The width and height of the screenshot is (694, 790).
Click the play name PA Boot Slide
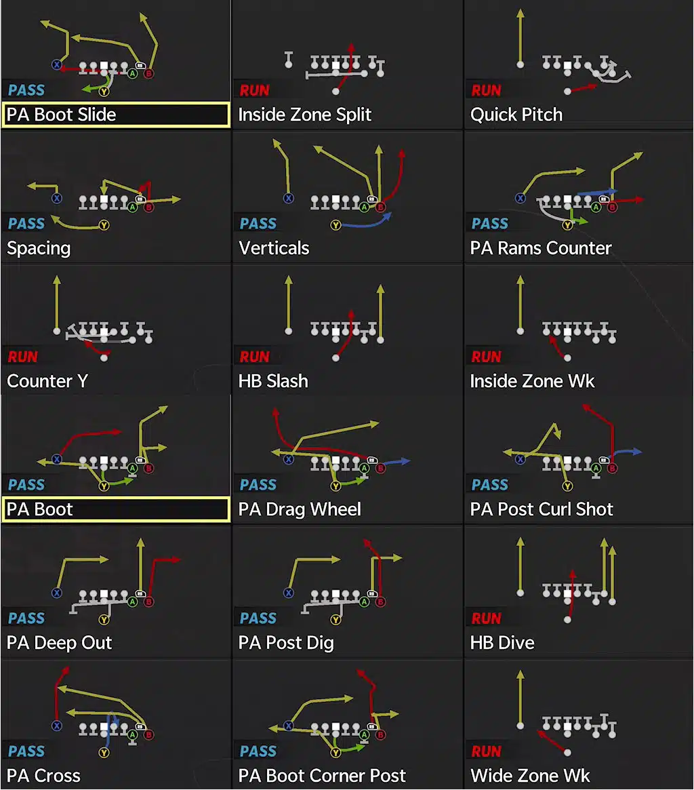61,115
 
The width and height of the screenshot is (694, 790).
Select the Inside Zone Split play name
304,115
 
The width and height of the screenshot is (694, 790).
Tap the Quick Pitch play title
516,115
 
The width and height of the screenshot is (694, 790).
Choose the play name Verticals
274,248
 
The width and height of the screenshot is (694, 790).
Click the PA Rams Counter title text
540,248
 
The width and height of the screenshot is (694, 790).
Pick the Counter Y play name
47,381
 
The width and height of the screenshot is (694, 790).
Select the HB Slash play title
273,381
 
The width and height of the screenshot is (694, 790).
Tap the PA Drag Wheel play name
300,509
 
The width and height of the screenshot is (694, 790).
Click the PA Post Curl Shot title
542,509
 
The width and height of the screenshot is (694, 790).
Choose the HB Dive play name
502,643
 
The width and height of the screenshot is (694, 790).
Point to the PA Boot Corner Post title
322,776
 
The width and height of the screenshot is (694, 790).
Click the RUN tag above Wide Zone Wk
487,751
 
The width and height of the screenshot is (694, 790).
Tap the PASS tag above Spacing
26,223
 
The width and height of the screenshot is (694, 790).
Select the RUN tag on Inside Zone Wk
487,356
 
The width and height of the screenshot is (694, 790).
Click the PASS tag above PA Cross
26,751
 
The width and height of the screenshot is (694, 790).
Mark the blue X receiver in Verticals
289,199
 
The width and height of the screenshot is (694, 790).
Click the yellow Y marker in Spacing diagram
104,224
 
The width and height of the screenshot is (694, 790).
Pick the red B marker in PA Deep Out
148,601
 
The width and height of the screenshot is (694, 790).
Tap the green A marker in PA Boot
132,468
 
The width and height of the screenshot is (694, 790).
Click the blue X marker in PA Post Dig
289,593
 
